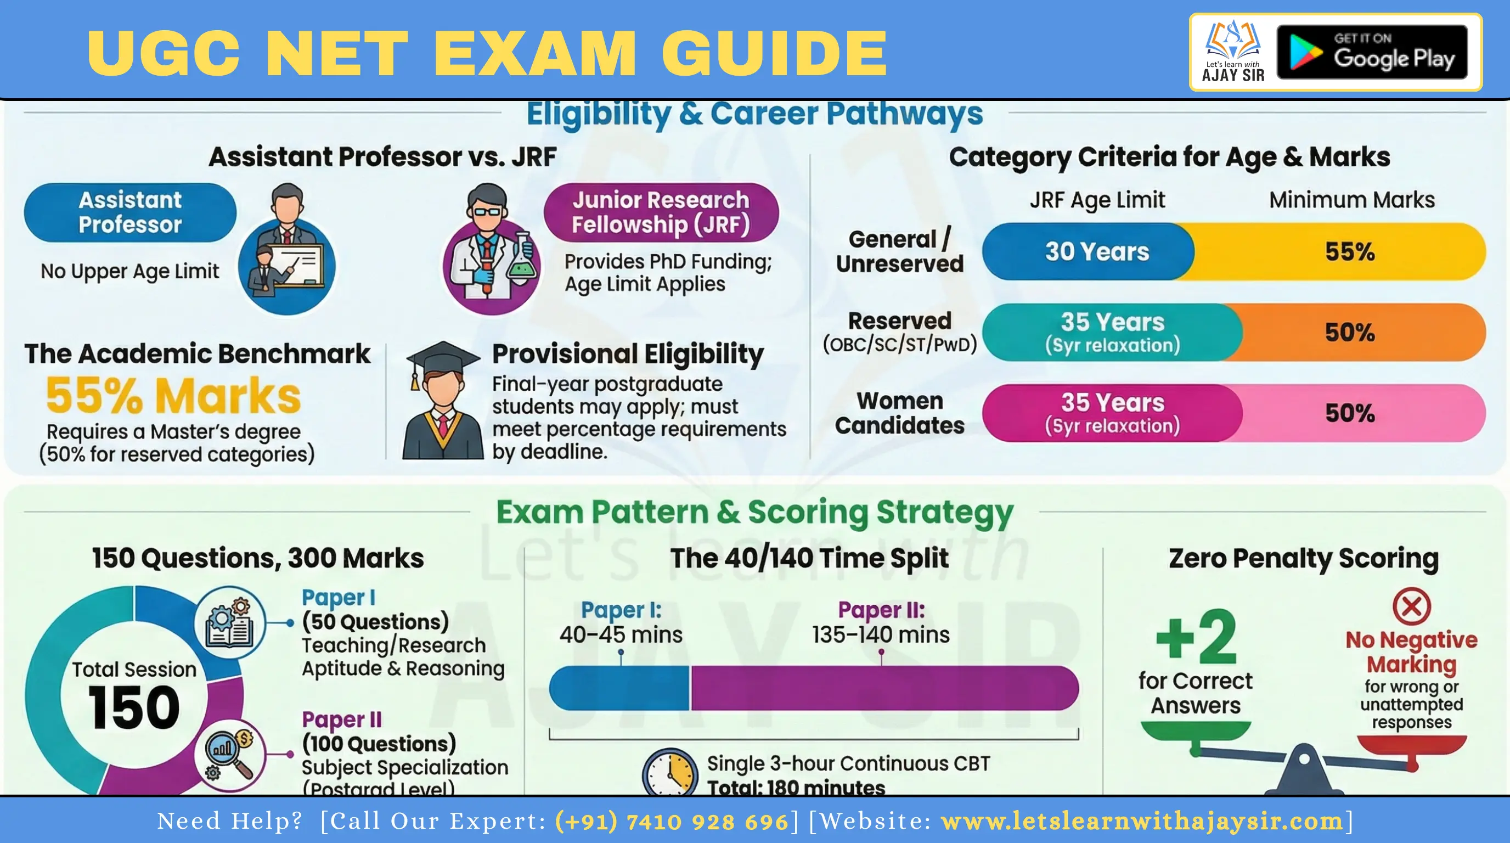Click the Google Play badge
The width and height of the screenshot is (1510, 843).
pyautogui.click(x=1372, y=52)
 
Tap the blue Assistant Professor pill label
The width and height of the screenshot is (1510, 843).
pyautogui.click(x=130, y=212)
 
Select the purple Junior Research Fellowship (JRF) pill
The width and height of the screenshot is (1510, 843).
pyautogui.click(x=661, y=212)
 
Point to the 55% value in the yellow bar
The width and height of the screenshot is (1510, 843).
pyautogui.click(x=1349, y=251)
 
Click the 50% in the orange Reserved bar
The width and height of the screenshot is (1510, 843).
pyautogui.click(x=1349, y=333)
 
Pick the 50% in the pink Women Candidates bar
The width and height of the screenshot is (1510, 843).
pyautogui.click(x=1349, y=413)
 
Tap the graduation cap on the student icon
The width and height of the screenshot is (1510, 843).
pyautogui.click(x=443, y=359)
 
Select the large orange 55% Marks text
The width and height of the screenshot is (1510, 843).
pyautogui.click(x=173, y=396)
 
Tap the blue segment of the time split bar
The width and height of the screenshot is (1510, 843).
pyautogui.click(x=619, y=688)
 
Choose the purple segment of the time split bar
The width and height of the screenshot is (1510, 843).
pyautogui.click(x=884, y=688)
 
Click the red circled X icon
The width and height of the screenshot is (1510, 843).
pyautogui.click(x=1412, y=606)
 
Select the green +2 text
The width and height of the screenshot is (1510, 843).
pyautogui.click(x=1196, y=636)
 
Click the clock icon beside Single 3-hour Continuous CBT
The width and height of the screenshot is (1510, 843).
pyautogui.click(x=670, y=772)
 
